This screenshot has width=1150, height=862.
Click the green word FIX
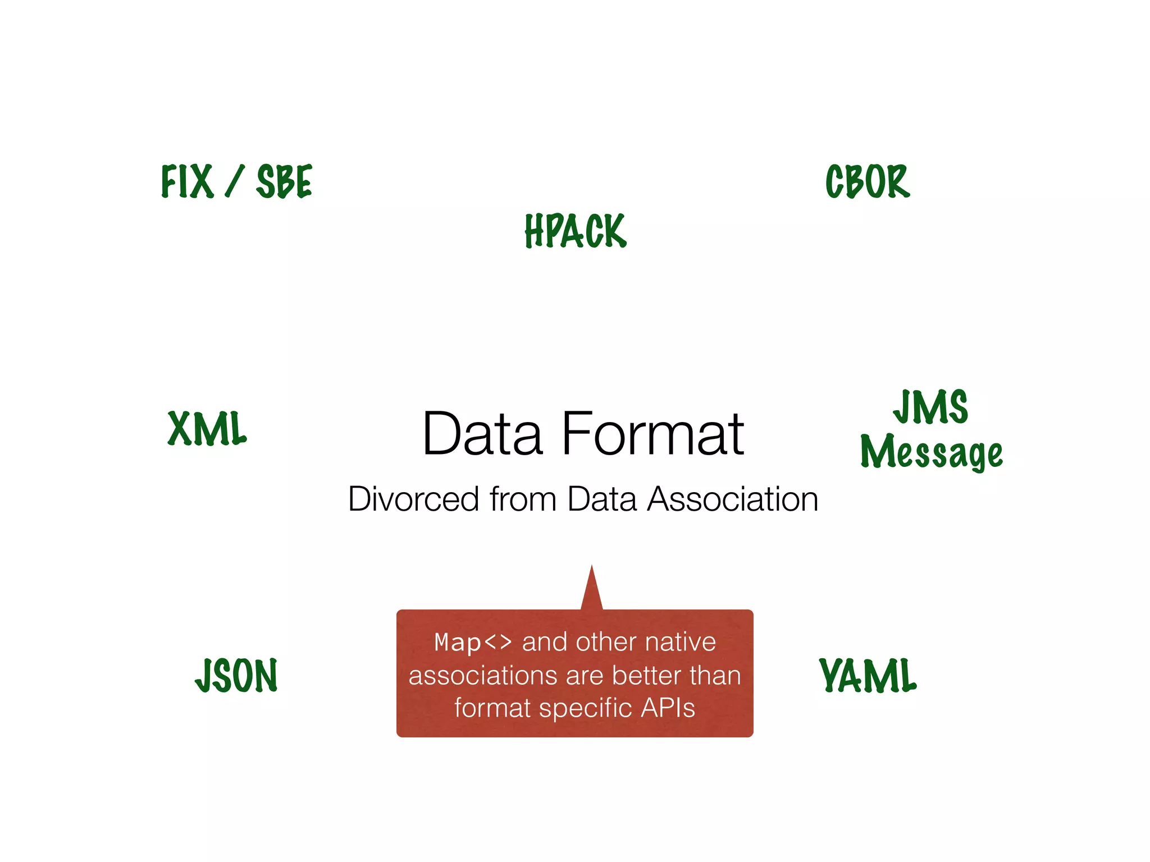[187, 181]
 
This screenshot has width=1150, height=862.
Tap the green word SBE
[284, 181]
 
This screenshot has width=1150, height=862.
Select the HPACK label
[576, 231]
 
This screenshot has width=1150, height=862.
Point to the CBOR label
[868, 181]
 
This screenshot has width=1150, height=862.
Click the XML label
[207, 428]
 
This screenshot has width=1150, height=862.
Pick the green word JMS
[931, 407]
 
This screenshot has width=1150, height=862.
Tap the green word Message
[932, 452]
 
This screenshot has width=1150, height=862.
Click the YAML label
[868, 675]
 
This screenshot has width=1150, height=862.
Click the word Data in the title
[482, 434]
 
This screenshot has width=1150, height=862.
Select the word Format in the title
[652, 434]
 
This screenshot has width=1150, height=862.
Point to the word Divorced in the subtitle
[413, 499]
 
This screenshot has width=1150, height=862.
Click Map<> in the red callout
[473, 642]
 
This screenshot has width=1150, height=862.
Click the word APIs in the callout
[668, 708]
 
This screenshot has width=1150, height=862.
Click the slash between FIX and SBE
[235, 181]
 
